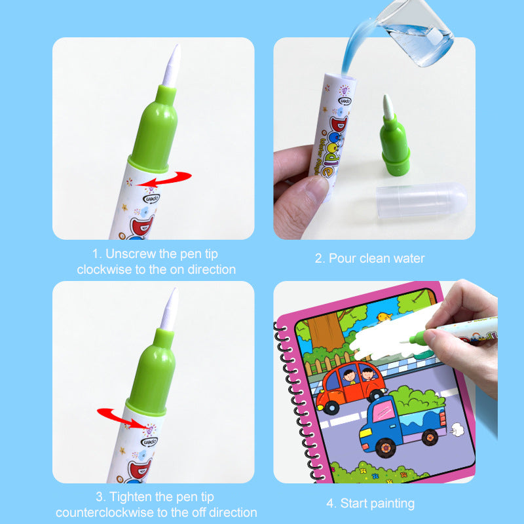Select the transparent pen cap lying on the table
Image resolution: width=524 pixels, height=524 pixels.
coord(421,200)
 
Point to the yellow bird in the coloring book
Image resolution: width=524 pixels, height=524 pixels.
coord(384,317)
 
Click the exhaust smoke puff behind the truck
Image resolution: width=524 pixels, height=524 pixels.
coord(457,430)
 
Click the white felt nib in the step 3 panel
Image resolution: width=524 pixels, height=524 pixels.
coord(170,309)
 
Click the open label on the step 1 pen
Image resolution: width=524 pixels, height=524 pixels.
coord(151,198)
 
